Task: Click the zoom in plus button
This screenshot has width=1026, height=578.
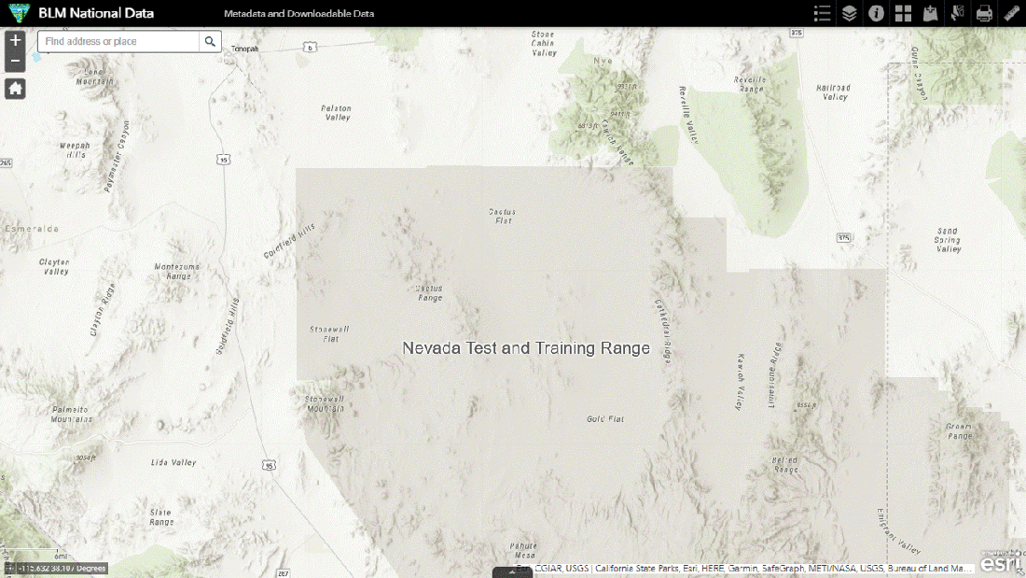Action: point(15,41)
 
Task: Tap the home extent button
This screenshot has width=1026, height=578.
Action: point(15,89)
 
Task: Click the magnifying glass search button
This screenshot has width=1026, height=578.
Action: point(211,41)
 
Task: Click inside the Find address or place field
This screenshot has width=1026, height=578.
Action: point(118,41)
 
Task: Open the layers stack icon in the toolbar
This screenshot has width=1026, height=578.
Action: point(849,13)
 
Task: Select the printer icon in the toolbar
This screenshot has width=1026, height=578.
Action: point(984,13)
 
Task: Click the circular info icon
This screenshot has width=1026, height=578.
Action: point(876,13)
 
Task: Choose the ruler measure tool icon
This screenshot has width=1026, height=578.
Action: point(1011,13)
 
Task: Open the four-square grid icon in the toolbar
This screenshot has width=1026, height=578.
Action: point(903,13)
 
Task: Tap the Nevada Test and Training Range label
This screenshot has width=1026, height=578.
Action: point(525,348)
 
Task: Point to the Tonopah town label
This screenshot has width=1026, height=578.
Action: point(244,49)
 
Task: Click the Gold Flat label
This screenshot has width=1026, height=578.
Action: point(605,419)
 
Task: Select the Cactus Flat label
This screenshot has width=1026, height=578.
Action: point(502,216)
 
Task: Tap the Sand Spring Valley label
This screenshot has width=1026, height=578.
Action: point(948,240)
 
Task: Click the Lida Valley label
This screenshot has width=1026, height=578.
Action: point(173,462)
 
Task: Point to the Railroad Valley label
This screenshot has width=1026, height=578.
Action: point(833,92)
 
